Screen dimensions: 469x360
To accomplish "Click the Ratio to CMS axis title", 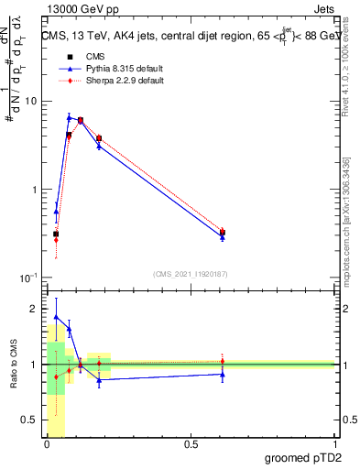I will coord(13,365).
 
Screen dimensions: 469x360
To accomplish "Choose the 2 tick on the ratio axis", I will coord(34,309).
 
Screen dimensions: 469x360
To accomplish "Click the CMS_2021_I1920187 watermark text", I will coord(191,273).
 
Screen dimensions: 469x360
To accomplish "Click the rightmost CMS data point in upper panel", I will coord(223,233).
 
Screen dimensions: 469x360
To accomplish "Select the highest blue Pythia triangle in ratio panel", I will coord(57,317).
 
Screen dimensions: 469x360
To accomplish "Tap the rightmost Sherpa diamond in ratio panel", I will coord(223,361).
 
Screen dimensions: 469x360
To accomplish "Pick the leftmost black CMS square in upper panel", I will coord(57,234).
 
